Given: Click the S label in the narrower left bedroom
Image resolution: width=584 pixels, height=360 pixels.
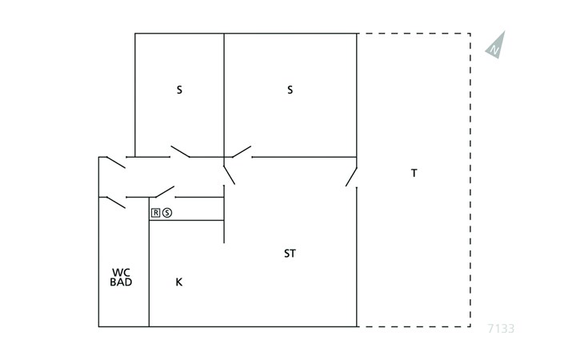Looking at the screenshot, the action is click(x=179, y=90).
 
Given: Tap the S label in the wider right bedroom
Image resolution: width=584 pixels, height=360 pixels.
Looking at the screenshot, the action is click(x=290, y=90).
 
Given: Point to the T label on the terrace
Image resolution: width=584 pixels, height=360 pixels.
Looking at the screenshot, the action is click(x=414, y=173).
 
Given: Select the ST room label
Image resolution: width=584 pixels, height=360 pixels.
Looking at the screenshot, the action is click(x=290, y=254).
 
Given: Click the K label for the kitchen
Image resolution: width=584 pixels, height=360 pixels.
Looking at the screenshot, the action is click(x=178, y=282).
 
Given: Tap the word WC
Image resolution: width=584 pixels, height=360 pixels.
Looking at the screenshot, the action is click(x=121, y=273).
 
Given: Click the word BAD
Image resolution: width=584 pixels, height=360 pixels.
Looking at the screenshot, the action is click(x=121, y=282).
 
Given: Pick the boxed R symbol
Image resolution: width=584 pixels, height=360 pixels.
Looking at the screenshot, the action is click(x=155, y=213).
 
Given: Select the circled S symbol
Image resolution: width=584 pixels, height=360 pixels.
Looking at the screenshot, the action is click(x=167, y=213).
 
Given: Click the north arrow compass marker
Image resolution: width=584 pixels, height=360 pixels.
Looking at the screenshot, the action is click(x=496, y=46).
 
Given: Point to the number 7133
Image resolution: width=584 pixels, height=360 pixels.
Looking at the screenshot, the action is click(x=501, y=328).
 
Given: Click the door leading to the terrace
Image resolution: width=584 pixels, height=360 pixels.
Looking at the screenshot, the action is click(x=351, y=178).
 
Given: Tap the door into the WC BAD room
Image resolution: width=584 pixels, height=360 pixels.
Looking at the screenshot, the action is click(x=116, y=202).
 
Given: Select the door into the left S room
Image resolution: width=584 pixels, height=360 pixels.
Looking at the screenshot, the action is click(x=180, y=151).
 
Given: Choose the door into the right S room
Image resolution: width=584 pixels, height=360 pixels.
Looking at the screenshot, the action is click(x=242, y=151).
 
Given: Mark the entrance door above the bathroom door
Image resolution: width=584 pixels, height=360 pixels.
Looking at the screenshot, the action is click(x=116, y=162).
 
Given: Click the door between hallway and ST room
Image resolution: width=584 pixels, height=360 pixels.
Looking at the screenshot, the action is click(x=229, y=175).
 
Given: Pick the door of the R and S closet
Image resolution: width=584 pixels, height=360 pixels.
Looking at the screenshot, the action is click(x=165, y=192).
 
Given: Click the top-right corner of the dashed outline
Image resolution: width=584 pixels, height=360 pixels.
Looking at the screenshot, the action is click(x=470, y=34).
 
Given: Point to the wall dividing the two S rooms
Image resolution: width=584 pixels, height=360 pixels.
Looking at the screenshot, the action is click(x=224, y=95).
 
